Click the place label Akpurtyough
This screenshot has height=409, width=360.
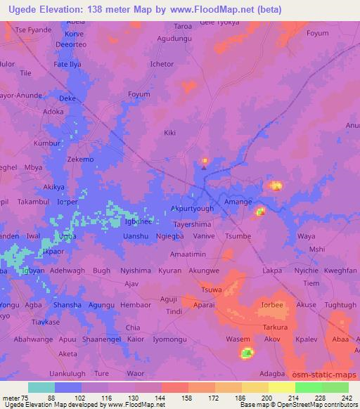click(x=193, y=209)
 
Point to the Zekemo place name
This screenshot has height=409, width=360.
click(x=79, y=160)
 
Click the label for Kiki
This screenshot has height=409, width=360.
click(x=169, y=132)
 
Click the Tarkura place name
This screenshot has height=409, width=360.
click(x=271, y=327)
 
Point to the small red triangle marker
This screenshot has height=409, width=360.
click(x=205, y=167)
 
